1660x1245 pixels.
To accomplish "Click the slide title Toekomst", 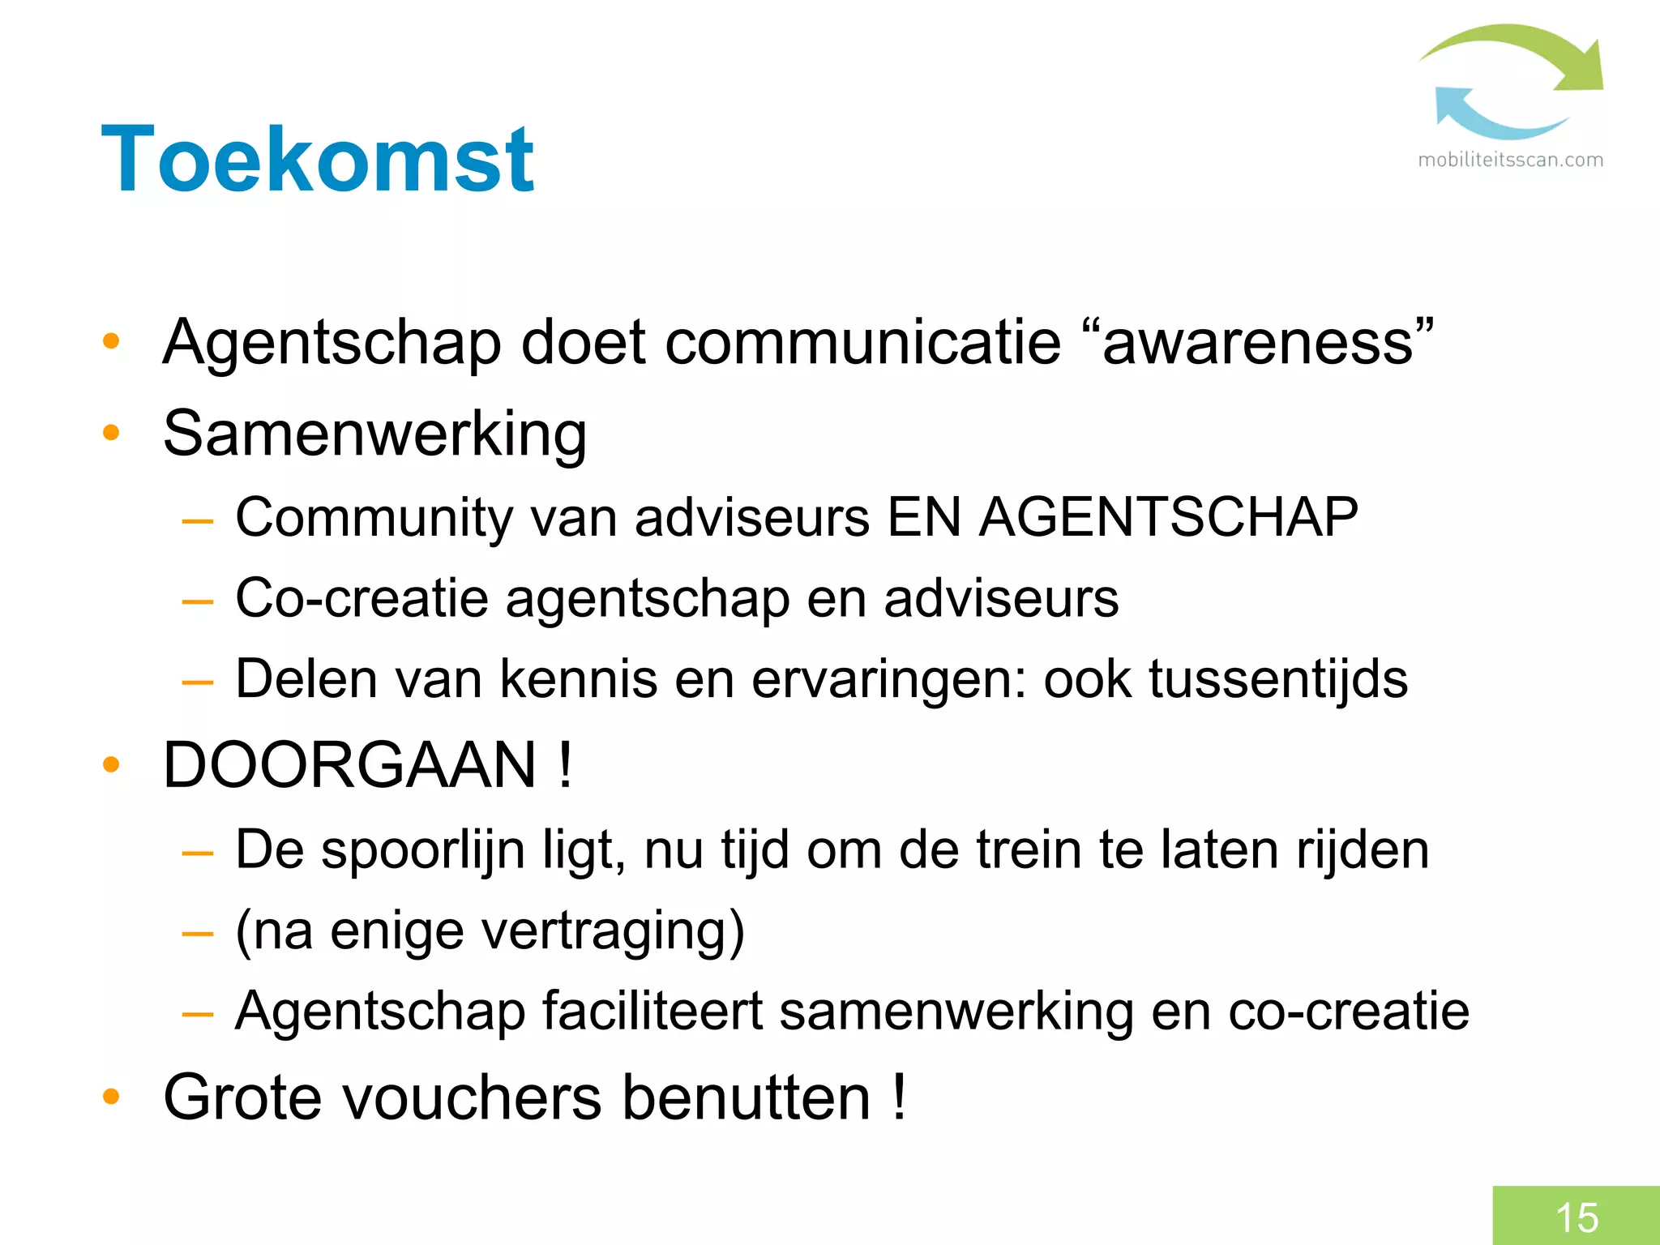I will coord(317,160).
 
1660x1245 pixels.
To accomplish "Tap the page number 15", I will coord(1577,1217).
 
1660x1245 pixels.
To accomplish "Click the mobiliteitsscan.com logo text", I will coord(1510,160).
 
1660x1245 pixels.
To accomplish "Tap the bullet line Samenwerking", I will coord(374,434).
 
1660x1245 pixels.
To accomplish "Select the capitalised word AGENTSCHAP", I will coord(1168,517).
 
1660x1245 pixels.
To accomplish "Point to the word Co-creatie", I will coord(362,598).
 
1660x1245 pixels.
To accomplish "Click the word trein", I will coord(1029,849).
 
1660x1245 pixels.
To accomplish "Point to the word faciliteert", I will coord(652,1011).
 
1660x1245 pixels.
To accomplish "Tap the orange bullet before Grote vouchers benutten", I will coord(111,1097).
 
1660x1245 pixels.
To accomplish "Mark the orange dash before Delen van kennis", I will coord(198,682).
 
